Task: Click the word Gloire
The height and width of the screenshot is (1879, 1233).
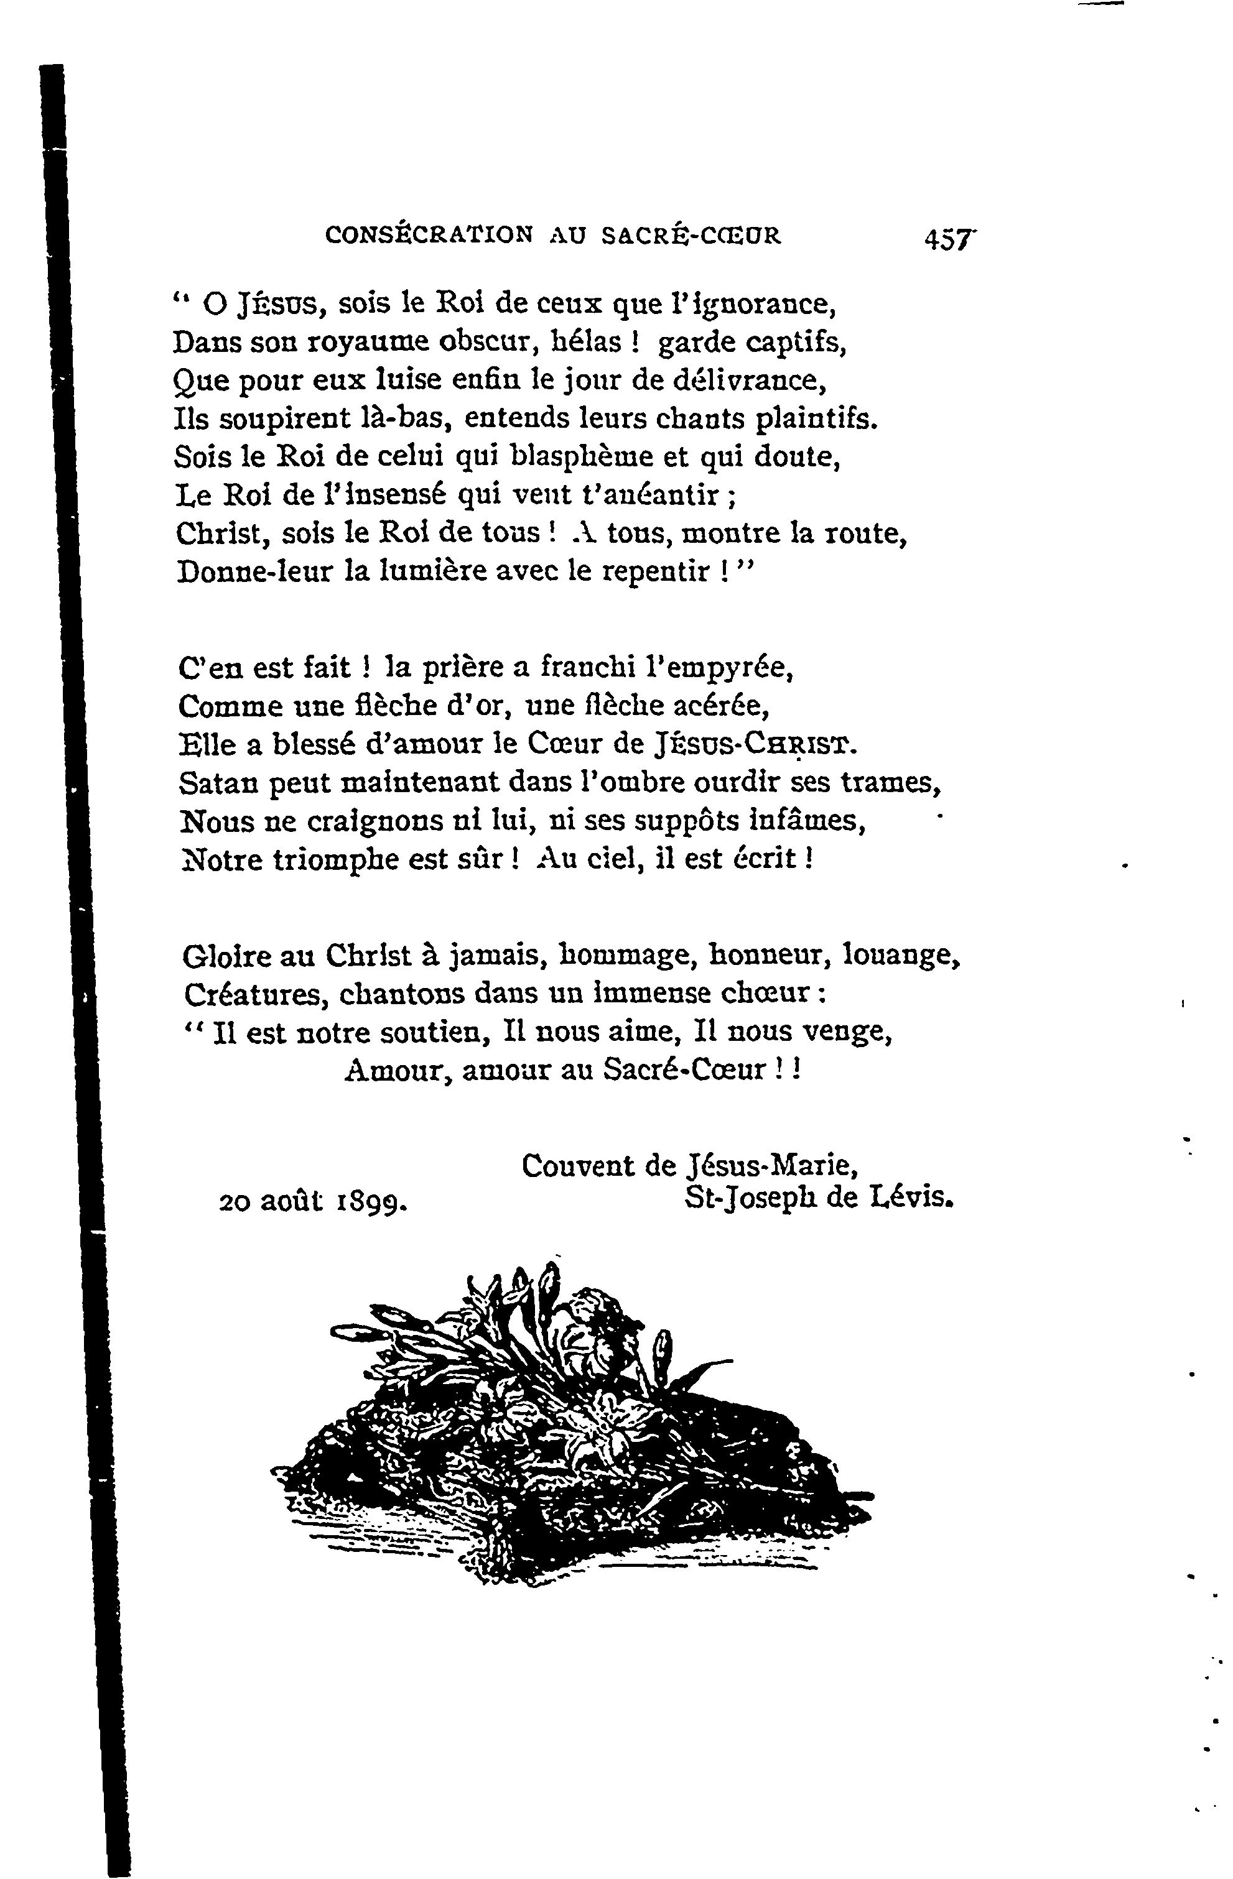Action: click(x=226, y=957)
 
